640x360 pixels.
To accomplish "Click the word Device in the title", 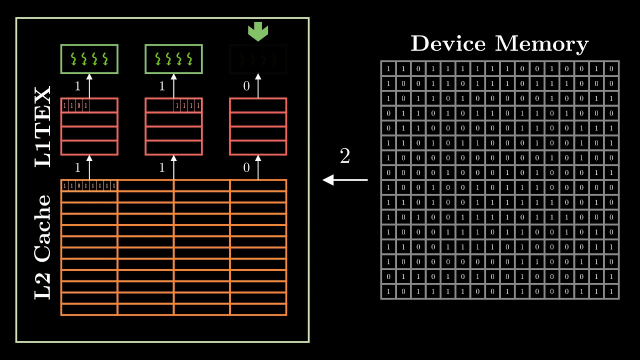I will coord(447,44).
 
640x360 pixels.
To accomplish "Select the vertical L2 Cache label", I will coord(43,247).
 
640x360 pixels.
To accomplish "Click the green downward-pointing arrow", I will coord(258,32).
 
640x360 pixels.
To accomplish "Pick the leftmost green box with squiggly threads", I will coord(89,59).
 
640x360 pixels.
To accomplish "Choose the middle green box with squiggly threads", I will coord(173,59).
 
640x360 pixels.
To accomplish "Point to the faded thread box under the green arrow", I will coord(258,59).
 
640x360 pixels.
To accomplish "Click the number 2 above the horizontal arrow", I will coord(345,156).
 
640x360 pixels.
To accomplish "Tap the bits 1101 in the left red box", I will coord(75,106).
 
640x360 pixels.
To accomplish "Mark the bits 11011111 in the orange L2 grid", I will coord(89,186).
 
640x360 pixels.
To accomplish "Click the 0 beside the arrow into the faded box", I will coord(246,86).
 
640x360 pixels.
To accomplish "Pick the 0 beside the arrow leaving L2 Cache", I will coord(246,168).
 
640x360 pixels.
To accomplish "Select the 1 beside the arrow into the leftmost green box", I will coord(77,86).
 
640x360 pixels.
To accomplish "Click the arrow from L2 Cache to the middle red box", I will coord(173,167).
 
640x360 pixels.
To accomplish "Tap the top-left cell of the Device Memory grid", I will coord(388,68).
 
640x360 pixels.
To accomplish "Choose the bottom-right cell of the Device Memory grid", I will coord(611,292).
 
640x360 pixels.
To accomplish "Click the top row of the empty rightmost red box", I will coord(258,105).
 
